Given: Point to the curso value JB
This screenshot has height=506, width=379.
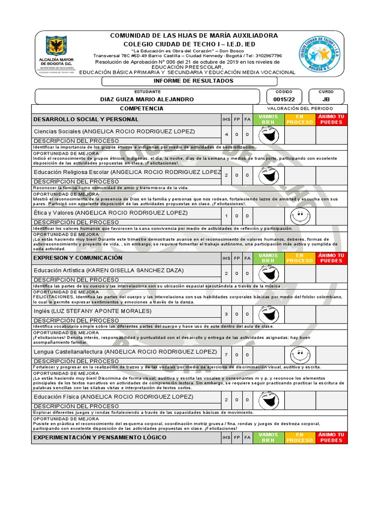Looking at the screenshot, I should pos(326,99).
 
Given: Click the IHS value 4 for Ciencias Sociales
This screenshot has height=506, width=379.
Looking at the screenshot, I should pos(227,134).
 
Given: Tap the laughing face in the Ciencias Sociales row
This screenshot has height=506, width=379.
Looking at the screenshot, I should pos(268,134).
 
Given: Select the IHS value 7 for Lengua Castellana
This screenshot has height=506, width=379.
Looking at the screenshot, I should pos(227,355).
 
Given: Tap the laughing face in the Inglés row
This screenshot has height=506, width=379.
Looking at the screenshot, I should pos(268,314).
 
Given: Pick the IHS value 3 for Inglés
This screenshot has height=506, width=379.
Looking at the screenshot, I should pos(227,314).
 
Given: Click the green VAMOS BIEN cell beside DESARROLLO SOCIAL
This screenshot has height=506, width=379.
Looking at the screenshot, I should pos(268,120).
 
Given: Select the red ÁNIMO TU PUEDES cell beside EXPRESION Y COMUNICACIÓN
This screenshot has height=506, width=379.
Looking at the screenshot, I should pos(332,258).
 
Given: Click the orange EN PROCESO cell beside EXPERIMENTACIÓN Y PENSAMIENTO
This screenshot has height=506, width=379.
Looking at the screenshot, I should pos(300,437).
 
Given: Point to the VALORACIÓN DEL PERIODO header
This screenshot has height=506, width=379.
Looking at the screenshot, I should pos(300,108).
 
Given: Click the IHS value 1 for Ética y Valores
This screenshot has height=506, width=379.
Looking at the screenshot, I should pos(227,216).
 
